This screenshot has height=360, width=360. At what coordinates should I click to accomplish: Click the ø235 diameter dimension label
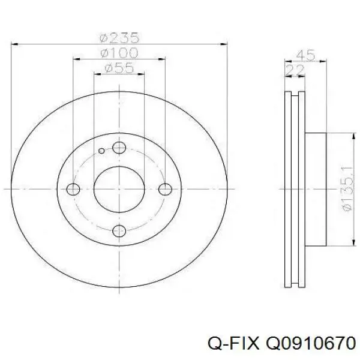119,37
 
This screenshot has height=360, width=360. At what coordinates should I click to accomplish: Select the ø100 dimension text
119,53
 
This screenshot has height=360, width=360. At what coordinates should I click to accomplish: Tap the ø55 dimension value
119,68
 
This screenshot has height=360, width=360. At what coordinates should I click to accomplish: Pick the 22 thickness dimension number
295,71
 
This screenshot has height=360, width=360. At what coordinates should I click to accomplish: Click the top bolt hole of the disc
119,148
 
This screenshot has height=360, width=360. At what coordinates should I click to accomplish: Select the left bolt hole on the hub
73,189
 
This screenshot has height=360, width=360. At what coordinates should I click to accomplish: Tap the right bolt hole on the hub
166,189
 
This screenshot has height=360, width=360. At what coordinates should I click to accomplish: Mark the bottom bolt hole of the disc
119,230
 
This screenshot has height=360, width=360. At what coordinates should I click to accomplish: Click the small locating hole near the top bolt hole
102,151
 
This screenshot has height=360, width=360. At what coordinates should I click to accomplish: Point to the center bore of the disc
119,189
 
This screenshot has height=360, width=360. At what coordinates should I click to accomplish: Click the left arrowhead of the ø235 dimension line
15,43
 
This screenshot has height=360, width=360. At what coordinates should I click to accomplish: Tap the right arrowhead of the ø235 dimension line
224,43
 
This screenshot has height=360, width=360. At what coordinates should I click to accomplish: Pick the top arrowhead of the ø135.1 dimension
349,136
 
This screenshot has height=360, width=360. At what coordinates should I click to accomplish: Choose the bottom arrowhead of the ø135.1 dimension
349,244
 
